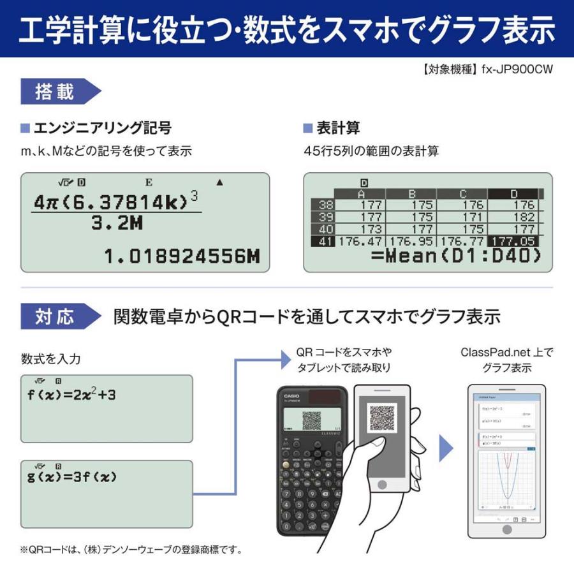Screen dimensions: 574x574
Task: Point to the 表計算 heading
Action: click(338, 129)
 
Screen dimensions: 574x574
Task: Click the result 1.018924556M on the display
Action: click(182, 257)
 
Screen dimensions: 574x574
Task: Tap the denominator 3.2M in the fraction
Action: click(117, 224)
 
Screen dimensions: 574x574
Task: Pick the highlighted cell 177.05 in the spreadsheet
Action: click(512, 241)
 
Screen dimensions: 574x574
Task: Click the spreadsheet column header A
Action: click(361, 194)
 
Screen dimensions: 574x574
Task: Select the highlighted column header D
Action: click(514, 194)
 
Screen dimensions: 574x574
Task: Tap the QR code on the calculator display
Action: click(311, 419)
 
